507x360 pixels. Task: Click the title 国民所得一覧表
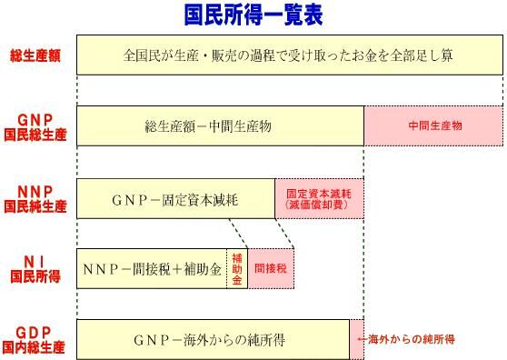click(x=253, y=15)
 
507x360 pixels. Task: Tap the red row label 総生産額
click(x=35, y=55)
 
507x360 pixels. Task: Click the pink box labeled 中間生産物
click(x=433, y=125)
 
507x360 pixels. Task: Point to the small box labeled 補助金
click(x=236, y=269)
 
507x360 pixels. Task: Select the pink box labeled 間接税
click(x=271, y=269)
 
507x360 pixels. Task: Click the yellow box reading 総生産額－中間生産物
click(x=220, y=125)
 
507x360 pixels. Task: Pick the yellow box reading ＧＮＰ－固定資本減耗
click(x=175, y=199)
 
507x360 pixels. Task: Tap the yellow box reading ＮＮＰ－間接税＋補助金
click(x=151, y=269)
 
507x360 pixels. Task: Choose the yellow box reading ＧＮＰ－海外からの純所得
click(x=213, y=340)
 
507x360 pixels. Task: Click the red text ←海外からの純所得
click(x=405, y=339)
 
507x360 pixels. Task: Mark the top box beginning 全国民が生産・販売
click(x=289, y=55)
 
